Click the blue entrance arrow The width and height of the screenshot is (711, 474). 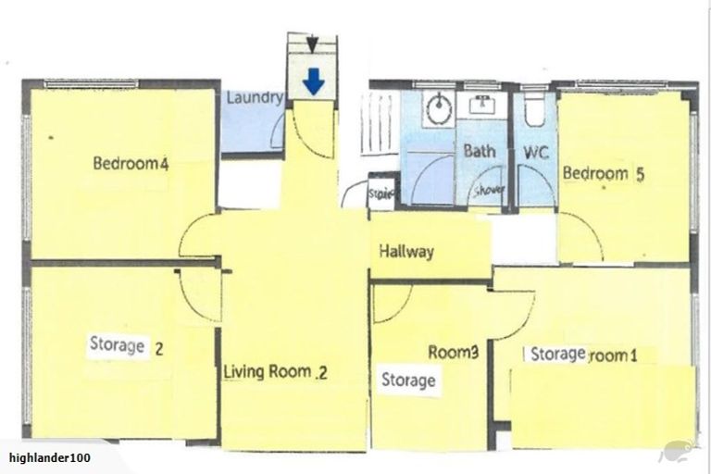[x=315, y=84]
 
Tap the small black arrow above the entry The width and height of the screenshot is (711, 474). [x=314, y=43]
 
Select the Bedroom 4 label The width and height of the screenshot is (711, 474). [x=130, y=165]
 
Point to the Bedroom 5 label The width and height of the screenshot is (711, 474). [x=603, y=173]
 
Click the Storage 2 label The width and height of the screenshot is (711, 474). [x=126, y=347]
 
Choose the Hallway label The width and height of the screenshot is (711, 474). [x=405, y=252]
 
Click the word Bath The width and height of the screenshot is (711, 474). [x=480, y=151]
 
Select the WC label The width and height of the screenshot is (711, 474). [x=537, y=151]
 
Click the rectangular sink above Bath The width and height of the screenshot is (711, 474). [x=481, y=104]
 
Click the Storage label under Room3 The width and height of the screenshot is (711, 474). [x=408, y=380]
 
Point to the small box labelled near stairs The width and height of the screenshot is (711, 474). [x=381, y=194]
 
